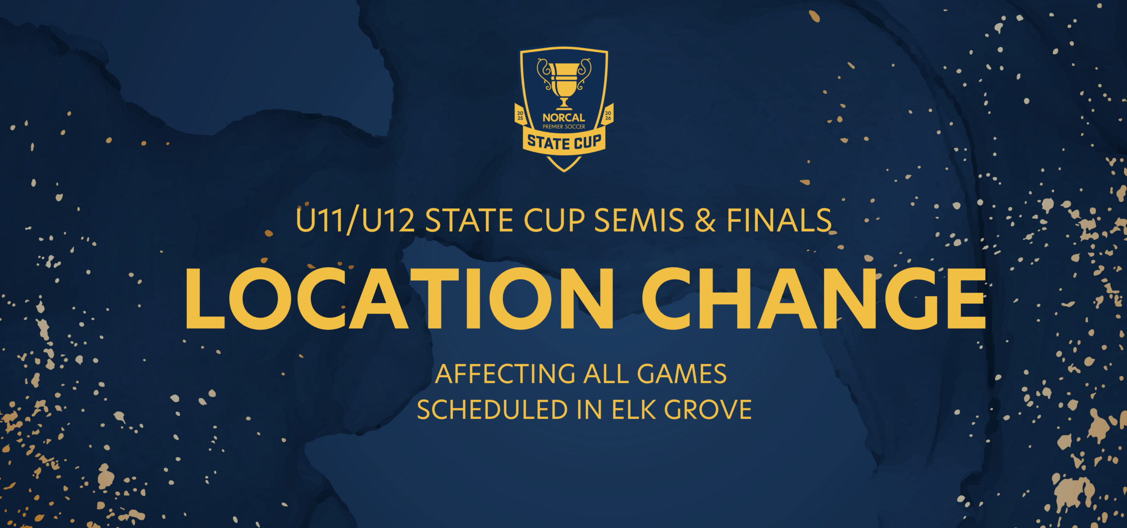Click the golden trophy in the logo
click(564, 84)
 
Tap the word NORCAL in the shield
click(564, 117)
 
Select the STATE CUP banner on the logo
click(564, 142)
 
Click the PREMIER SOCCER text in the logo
click(564, 127)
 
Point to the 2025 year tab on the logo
click(520, 115)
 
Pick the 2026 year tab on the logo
click(608, 115)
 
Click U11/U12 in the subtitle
click(355, 220)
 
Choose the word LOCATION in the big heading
click(400, 298)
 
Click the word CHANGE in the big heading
click(814, 298)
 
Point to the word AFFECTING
click(505, 374)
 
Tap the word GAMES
click(682, 374)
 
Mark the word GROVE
click(708, 410)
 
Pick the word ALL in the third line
click(606, 374)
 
